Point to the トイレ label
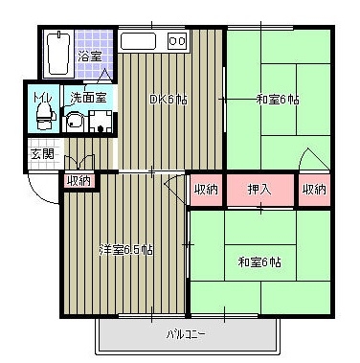coord(41,97)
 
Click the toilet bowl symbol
coord(42,118)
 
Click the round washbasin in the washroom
coord(74,122)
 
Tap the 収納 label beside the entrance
coord(79,180)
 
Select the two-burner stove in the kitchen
coord(178,41)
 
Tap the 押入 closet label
coord(259,189)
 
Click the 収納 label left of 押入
coord(206,189)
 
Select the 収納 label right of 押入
coord(314,189)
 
